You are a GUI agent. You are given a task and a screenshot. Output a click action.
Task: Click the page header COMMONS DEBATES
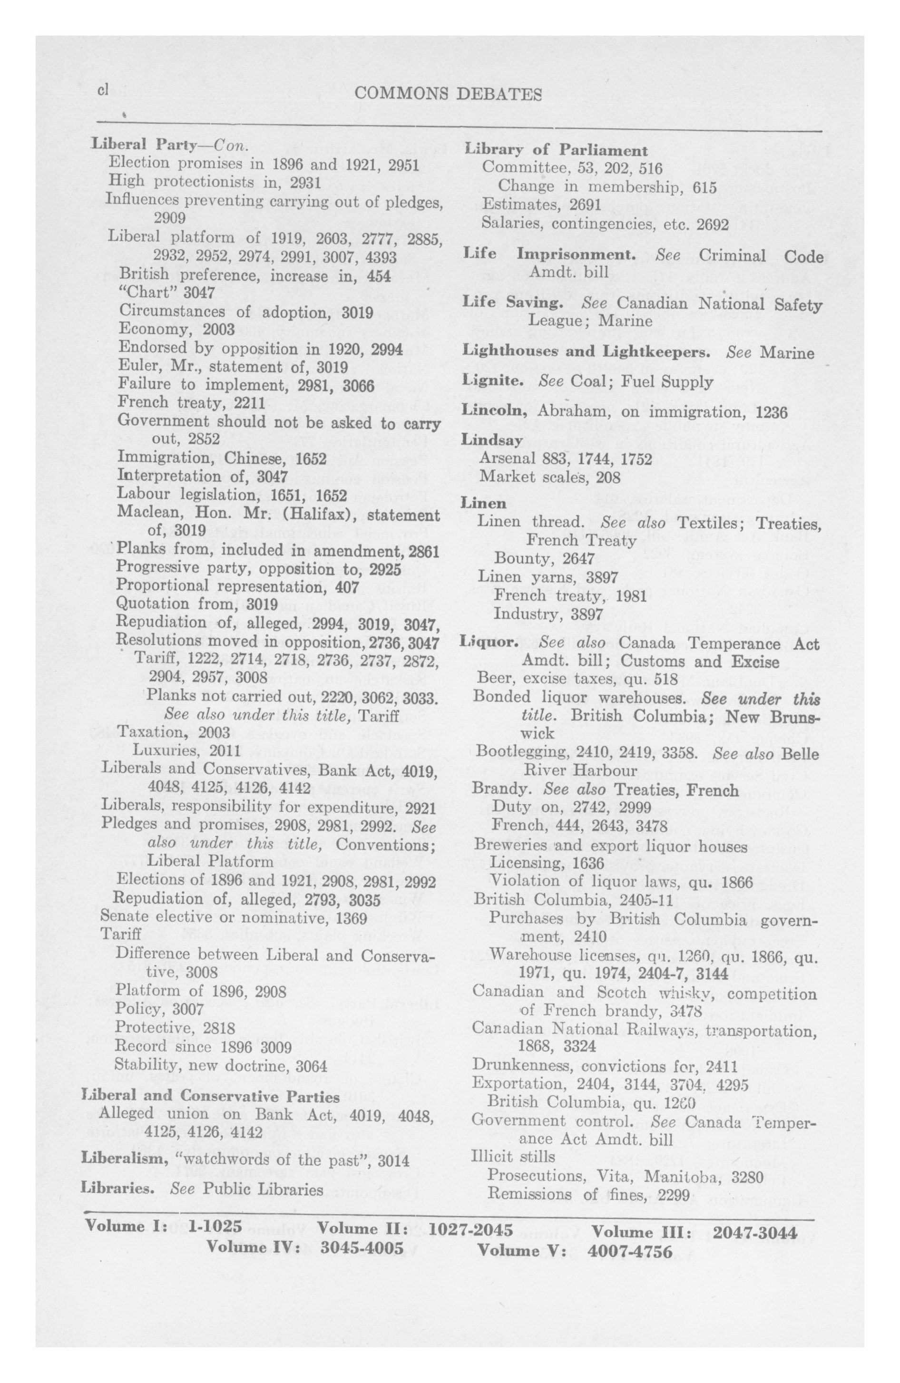pyautogui.click(x=448, y=94)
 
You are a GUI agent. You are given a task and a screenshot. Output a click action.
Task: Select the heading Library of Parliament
pyautogui.click(x=556, y=150)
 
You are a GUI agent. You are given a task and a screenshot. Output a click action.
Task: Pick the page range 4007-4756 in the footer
pyautogui.click(x=630, y=1250)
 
